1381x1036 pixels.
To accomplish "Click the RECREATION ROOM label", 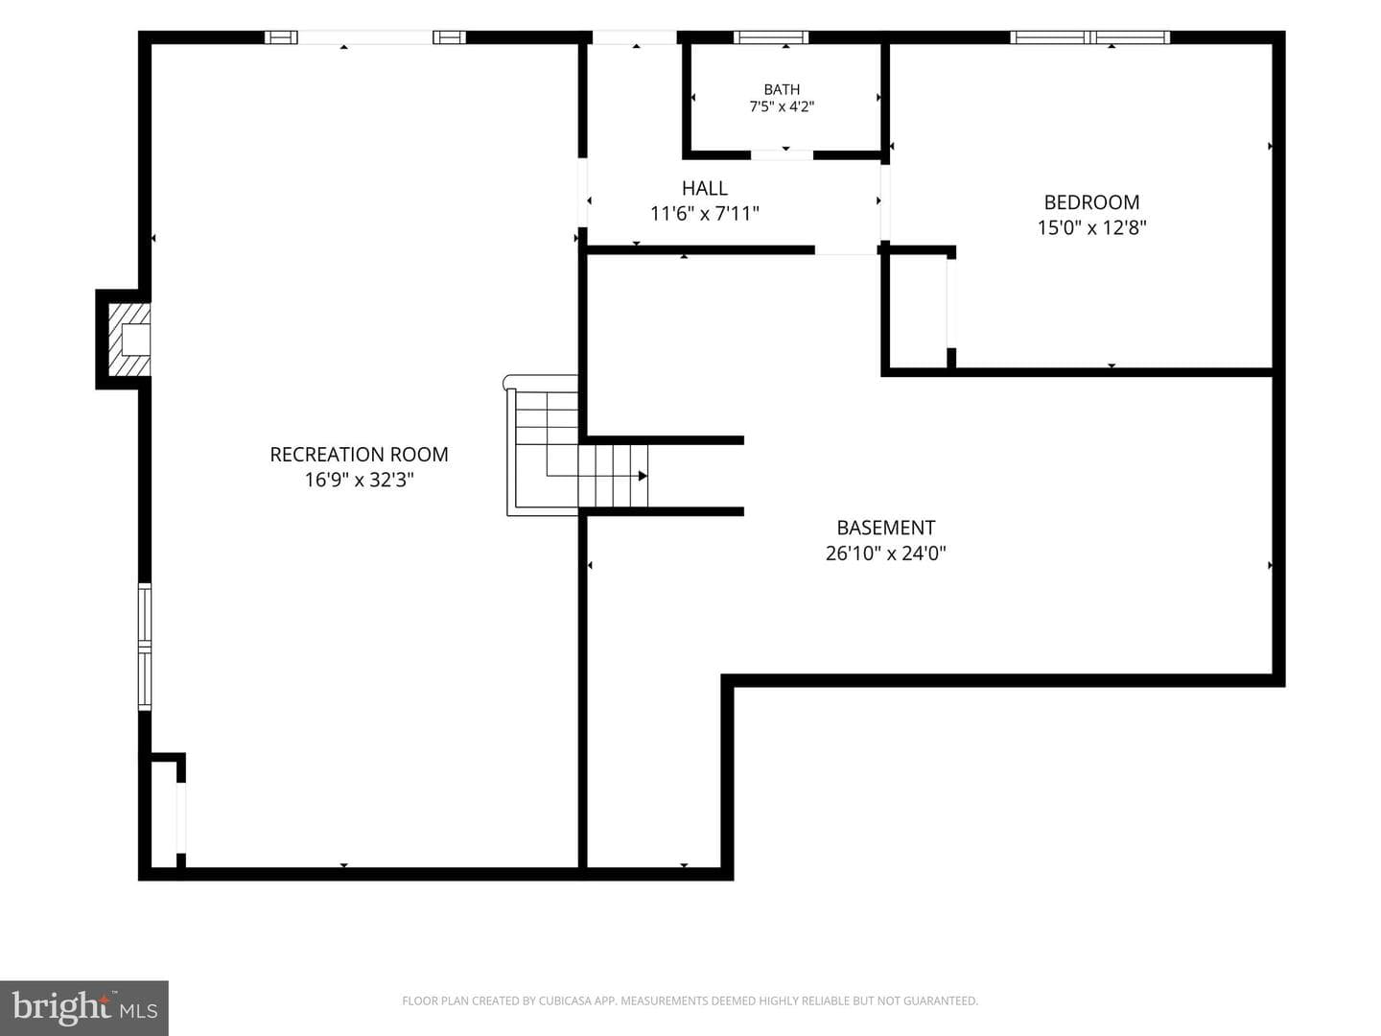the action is (359, 454).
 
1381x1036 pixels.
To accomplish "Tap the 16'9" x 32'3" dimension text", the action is (360, 480).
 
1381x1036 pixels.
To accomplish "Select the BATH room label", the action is (782, 89).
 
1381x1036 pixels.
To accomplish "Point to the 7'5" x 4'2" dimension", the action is (782, 106).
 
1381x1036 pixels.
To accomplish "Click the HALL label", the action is (705, 188).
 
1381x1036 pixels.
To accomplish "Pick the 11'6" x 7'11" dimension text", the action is (705, 214).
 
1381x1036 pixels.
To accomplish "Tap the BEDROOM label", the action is (1091, 201).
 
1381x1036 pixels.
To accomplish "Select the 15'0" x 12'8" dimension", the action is (1091, 227).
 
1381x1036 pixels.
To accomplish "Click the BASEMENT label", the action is (886, 528).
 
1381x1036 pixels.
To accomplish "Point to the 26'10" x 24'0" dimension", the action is (886, 553).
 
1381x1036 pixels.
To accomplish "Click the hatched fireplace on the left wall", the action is (129, 340).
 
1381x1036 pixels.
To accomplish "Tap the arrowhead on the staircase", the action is (643, 476).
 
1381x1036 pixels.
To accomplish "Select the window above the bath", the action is (771, 37).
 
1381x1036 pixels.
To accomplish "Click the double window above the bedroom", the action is (1090, 37).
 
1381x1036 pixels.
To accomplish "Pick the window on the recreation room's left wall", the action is (145, 647).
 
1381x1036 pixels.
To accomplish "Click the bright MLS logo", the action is (84, 1008).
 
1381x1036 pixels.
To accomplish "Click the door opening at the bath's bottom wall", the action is (782, 154).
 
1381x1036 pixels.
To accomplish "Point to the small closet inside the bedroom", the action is (919, 310).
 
